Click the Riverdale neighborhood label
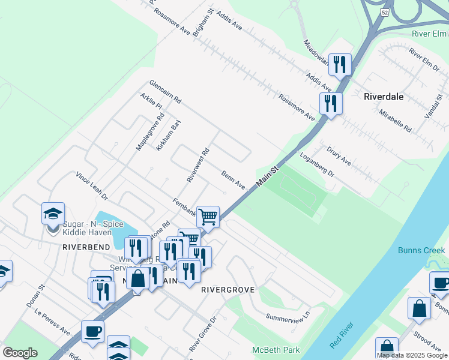click(x=384, y=96)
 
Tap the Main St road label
click(x=268, y=178)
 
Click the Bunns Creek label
click(x=421, y=250)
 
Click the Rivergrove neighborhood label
click(x=228, y=289)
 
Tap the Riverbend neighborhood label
click(x=86, y=247)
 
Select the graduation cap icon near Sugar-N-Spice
click(x=53, y=213)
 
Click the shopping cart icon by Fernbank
click(x=208, y=216)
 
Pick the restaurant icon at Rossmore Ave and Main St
click(x=330, y=103)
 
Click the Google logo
click(x=20, y=353)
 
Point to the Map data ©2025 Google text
click(x=412, y=355)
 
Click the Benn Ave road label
click(x=233, y=180)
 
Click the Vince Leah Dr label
click(x=91, y=186)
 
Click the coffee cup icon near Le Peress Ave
click(x=92, y=331)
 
